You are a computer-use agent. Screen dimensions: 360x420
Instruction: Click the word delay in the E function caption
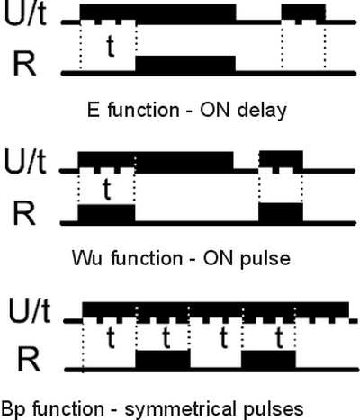(x=262, y=111)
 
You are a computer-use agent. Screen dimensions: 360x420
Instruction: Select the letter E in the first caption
(x=94, y=110)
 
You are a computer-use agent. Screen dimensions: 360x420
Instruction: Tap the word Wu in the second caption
(x=87, y=258)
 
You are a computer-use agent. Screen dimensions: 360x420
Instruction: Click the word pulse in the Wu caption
(x=265, y=259)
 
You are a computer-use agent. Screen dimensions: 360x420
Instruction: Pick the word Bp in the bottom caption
(x=13, y=409)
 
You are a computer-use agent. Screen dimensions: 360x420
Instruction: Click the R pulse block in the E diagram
(x=185, y=63)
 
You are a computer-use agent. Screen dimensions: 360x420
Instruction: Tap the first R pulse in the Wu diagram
(x=106, y=213)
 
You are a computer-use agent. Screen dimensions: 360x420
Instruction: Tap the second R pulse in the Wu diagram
(x=281, y=212)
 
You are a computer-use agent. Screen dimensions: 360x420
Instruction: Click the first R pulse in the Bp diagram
(x=163, y=359)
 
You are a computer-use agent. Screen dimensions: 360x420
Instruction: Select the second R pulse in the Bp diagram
(x=268, y=359)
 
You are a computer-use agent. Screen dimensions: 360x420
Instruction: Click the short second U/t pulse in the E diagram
(x=303, y=14)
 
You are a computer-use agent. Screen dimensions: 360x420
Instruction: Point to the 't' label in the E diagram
(x=111, y=46)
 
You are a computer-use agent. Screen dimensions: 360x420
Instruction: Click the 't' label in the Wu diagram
(x=107, y=189)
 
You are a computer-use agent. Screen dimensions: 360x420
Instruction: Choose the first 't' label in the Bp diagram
(x=111, y=338)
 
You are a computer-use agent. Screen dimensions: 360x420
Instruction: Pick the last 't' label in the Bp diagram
(x=279, y=338)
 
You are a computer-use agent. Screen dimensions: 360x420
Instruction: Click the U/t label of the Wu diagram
(x=25, y=163)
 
